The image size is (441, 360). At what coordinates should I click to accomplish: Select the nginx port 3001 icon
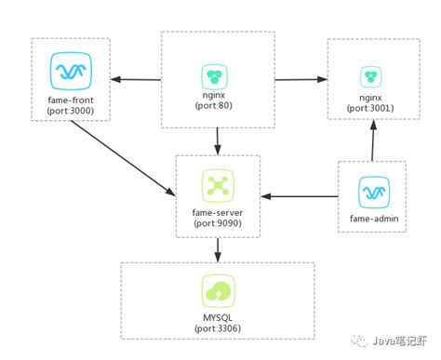coord(371,75)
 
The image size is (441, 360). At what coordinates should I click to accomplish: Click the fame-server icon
coord(218,185)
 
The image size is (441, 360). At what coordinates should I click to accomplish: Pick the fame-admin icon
coord(371,193)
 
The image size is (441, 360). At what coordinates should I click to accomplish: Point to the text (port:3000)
coord(70,111)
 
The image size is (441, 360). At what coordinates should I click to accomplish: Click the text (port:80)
coord(218,107)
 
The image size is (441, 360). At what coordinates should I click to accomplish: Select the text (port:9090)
coord(218,224)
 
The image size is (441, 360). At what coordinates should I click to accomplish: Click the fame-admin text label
coord(371,220)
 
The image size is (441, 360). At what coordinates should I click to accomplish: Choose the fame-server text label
coord(218,213)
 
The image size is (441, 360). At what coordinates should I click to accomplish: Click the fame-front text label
coord(70,100)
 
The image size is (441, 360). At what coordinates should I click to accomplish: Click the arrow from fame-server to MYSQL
coord(218,248)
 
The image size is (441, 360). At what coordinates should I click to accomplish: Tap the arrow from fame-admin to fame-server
coord(298,196)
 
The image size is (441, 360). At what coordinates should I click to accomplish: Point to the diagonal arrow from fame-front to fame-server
coord(121,156)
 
